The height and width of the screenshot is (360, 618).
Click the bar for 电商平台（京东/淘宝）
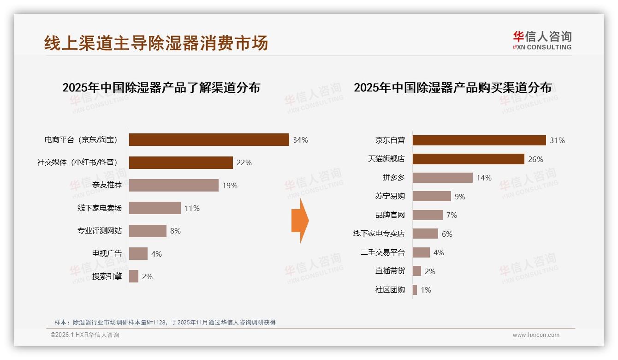pyautogui.click(x=209, y=140)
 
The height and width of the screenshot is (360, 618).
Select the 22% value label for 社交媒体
pyautogui.click(x=244, y=162)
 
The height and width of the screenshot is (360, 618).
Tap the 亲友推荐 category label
pyautogui.click(x=107, y=186)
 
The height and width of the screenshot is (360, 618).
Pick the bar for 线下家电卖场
pyautogui.click(x=155, y=208)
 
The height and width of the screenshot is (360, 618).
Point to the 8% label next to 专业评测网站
pyautogui.click(x=175, y=231)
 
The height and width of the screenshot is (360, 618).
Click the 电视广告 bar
pyautogui.click(x=138, y=254)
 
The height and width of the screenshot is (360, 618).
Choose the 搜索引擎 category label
pyautogui.click(x=107, y=276)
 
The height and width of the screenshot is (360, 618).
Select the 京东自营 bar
pyautogui.click(x=479, y=140)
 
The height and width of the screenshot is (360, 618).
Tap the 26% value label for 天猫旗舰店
pyautogui.click(x=536, y=159)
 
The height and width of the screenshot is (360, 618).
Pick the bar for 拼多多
pyautogui.click(x=443, y=178)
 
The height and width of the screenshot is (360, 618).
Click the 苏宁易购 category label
pyautogui.click(x=390, y=196)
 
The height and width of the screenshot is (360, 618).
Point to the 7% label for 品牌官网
pyautogui.click(x=452, y=215)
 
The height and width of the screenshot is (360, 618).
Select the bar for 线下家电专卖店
pyautogui.click(x=425, y=234)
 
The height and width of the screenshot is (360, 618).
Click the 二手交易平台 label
pyautogui.click(x=383, y=252)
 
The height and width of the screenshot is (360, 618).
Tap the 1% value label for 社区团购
pyautogui.click(x=426, y=290)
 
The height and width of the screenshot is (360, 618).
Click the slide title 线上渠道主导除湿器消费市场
pyautogui.click(x=156, y=43)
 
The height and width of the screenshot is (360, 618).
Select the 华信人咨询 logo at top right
pyautogui.click(x=542, y=40)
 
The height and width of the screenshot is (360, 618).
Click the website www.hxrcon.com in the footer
pyautogui.click(x=536, y=335)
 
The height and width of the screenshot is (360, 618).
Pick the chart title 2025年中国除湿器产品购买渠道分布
pyautogui.click(x=452, y=88)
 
